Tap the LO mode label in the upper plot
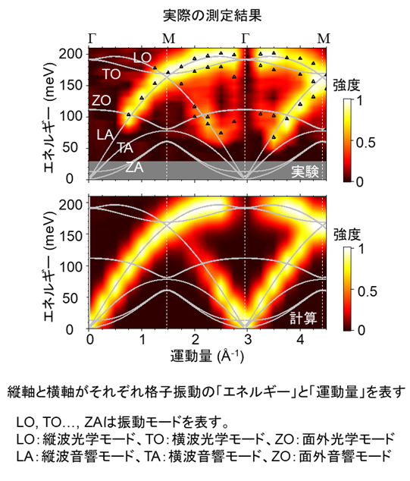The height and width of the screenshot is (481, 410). click(142, 57)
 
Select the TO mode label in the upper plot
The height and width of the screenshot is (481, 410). click(111, 74)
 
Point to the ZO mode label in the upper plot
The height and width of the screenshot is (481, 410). click(102, 100)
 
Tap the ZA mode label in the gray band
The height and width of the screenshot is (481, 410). click(135, 167)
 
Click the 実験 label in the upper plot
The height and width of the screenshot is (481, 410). click(308, 171)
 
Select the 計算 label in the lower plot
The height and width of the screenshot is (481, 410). click(308, 319)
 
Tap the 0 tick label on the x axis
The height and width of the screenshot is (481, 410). click(89, 339)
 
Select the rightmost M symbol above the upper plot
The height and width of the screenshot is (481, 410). click(323, 36)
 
